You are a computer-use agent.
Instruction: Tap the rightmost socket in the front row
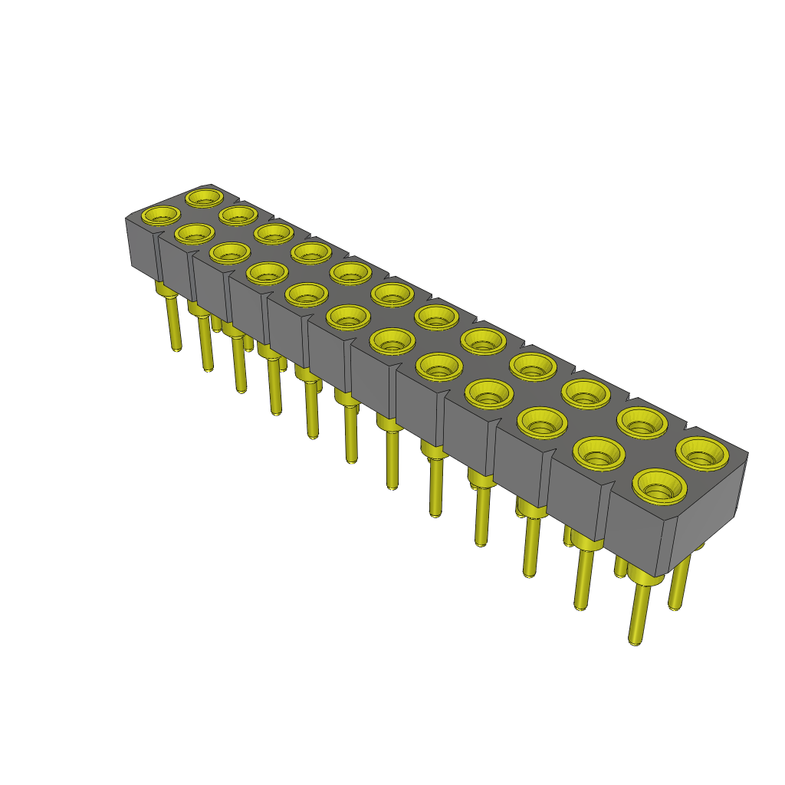[659, 485]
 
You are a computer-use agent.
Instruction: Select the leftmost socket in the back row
[204, 198]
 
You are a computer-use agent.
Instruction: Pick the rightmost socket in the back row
[701, 452]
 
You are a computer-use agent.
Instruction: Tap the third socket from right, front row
[544, 421]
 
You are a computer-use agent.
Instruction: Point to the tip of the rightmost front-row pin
[635, 642]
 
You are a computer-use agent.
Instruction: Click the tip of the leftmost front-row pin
[176, 348]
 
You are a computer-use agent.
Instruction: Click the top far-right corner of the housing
[747, 453]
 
